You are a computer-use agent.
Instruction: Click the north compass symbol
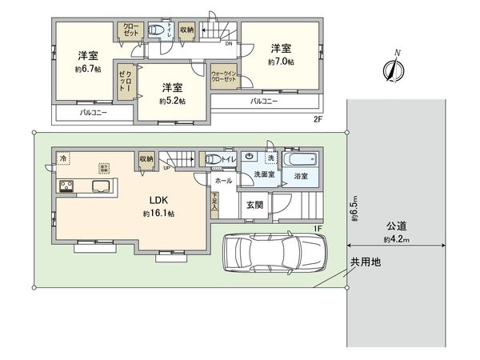point(393,66)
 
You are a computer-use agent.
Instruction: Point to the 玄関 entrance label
point(255,206)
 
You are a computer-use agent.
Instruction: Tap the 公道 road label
point(396,226)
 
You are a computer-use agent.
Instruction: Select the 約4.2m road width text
point(396,239)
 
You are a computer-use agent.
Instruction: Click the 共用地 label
point(364,262)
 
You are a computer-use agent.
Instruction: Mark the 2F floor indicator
point(318,119)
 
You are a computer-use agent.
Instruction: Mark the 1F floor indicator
point(318,229)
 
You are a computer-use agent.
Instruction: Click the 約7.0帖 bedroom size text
point(282,62)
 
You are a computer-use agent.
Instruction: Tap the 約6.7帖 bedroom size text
point(88,69)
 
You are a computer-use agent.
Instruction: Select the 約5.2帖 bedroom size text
point(171,102)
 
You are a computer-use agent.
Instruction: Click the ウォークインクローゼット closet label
point(224,77)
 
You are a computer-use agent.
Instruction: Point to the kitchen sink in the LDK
point(102,186)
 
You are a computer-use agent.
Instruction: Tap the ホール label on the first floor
point(223,181)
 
